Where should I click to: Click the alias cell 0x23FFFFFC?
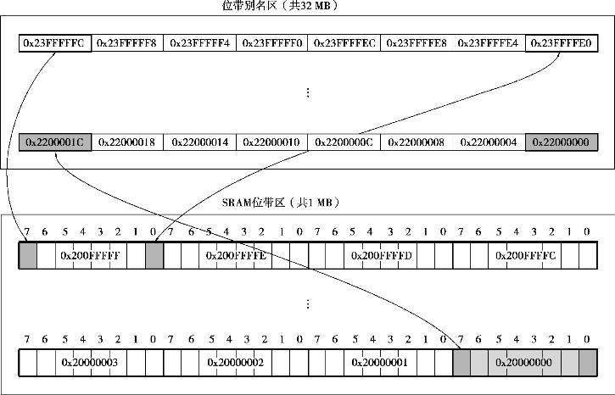click(x=55, y=42)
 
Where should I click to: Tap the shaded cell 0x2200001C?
click(x=55, y=142)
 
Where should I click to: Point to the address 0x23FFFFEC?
click(x=344, y=42)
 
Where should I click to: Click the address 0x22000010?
click(x=271, y=142)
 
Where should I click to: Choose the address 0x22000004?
click(x=489, y=142)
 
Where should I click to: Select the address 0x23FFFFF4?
click(x=199, y=42)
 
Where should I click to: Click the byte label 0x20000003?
click(x=91, y=363)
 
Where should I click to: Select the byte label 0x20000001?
click(x=381, y=363)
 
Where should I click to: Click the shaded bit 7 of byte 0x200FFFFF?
click(x=28, y=255)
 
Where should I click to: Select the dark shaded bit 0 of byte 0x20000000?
click(x=589, y=363)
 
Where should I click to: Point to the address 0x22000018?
click(x=127, y=142)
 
